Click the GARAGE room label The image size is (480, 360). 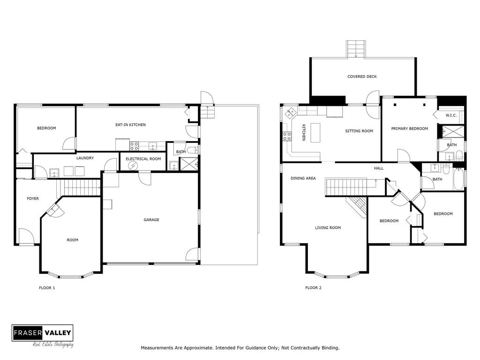click(x=151, y=220)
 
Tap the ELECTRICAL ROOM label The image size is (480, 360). click(x=143, y=159)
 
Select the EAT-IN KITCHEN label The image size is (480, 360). click(x=130, y=125)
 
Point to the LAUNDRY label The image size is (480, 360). click(x=85, y=158)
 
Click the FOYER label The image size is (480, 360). click(x=33, y=199)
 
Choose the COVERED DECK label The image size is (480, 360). click(x=362, y=76)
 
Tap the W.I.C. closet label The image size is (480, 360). click(x=451, y=115)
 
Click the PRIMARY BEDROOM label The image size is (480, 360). click(x=410, y=128)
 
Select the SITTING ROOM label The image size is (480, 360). click(x=359, y=131)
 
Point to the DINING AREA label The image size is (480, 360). click(x=303, y=178)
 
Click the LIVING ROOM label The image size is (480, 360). click(x=328, y=228)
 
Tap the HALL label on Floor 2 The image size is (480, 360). click(x=379, y=168)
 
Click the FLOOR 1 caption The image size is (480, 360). click(x=47, y=288)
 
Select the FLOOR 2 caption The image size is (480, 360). click(x=313, y=288)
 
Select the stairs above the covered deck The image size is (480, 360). click(x=356, y=49)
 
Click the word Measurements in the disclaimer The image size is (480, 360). click(x=157, y=348)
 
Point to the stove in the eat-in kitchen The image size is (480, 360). click(x=134, y=146)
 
